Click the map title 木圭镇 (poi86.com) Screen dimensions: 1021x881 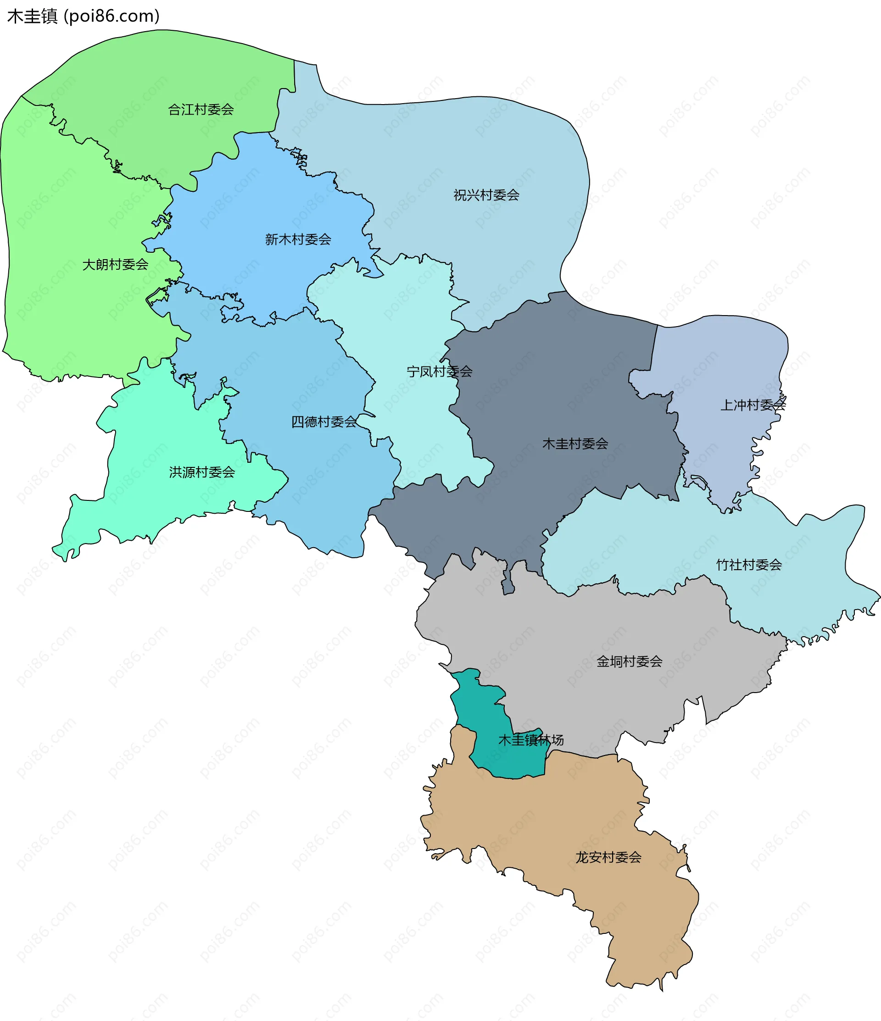click(84, 16)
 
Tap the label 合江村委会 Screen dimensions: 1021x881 click(201, 109)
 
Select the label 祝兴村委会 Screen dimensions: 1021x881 click(486, 195)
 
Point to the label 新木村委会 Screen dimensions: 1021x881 click(298, 239)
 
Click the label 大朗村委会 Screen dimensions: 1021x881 click(115, 265)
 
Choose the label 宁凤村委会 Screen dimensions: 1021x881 click(439, 372)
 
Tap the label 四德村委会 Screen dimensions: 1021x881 click(323, 422)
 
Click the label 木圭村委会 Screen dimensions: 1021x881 click(575, 444)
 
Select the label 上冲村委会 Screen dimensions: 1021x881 click(753, 405)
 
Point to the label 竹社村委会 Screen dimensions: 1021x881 click(748, 565)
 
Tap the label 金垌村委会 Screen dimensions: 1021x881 click(629, 661)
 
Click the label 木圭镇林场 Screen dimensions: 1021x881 click(531, 740)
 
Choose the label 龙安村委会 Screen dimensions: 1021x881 click(608, 857)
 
